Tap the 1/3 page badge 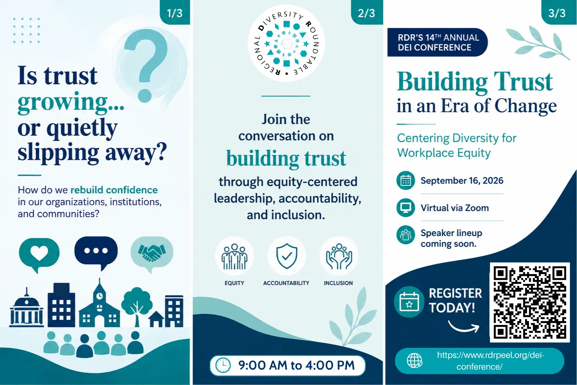pos(175,12)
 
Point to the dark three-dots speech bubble pos(96,253)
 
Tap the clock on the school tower pos(100,296)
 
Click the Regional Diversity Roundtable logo pos(287,43)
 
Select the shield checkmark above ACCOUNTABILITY pos(287,256)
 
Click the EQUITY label pos(234,283)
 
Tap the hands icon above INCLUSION pos(339,256)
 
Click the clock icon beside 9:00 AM pos(223,365)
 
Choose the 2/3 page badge pos(367,12)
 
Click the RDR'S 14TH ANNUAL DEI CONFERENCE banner pos(437,42)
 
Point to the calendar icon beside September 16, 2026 pos(406,180)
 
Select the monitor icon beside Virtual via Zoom pos(406,208)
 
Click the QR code pos(530,302)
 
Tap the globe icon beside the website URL pos(414,361)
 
